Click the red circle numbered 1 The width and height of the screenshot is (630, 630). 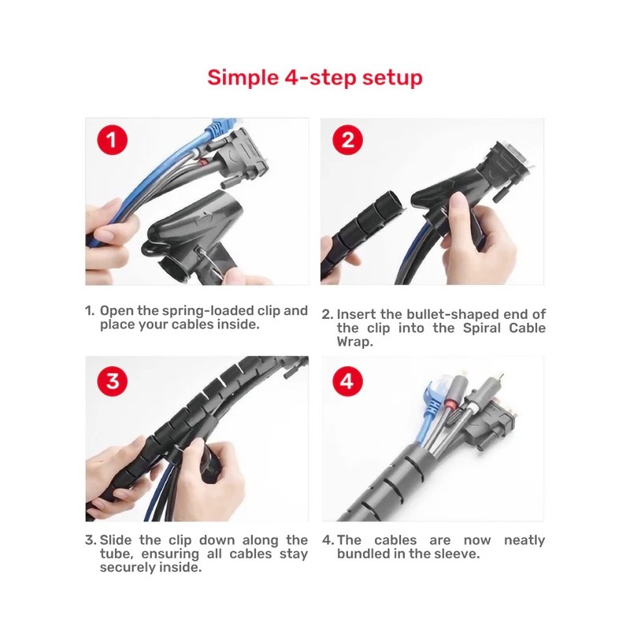click(113, 141)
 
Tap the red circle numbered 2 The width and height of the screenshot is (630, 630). click(347, 141)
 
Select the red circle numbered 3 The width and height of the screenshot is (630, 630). click(113, 380)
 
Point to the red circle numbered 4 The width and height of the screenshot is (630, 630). click(347, 380)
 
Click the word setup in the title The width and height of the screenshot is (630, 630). click(394, 78)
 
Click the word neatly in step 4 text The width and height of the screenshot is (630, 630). click(523, 540)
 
